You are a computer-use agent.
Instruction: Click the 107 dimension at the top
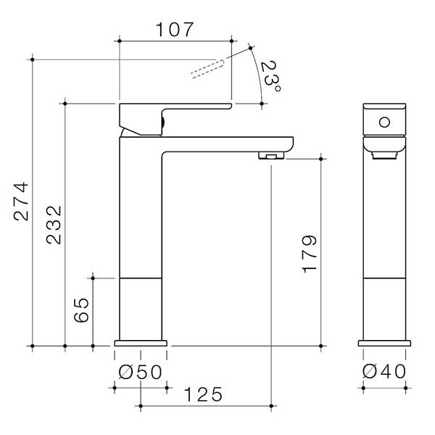pos(175,30)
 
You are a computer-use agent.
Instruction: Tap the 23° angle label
pos(270,75)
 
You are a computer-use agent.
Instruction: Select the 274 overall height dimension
pos(22,201)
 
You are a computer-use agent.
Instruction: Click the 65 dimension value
pos(82,310)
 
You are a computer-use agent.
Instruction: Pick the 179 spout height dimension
pos(308,253)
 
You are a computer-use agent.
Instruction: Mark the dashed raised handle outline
pos(210,67)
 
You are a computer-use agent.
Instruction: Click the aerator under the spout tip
pos(270,156)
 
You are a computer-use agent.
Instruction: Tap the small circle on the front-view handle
pos(384,122)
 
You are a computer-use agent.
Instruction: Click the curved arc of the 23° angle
pos(259,76)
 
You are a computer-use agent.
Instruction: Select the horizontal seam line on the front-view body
pos(384,278)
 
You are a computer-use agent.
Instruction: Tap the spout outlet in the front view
pos(384,152)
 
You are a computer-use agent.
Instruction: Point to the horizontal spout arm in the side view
pos(225,144)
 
